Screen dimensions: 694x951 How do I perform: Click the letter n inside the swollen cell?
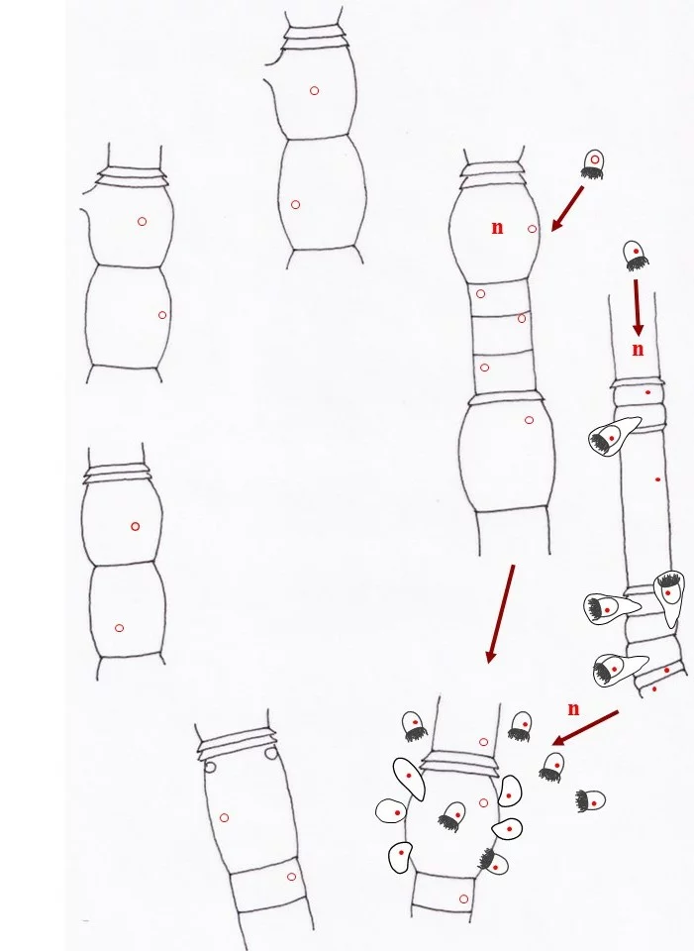pos(497,228)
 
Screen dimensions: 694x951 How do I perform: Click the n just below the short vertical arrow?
pos(638,350)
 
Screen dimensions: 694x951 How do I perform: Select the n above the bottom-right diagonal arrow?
pos(573,708)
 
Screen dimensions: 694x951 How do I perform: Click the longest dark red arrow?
pos(501,614)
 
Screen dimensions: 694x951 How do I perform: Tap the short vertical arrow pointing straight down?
pos(637,307)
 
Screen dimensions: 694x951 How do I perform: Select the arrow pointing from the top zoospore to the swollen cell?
pos(567,209)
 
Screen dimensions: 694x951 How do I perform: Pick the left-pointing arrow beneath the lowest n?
pos(585,728)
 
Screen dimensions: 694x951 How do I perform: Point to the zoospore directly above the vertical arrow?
pos(636,256)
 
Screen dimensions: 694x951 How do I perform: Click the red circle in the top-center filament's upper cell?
pos(314,91)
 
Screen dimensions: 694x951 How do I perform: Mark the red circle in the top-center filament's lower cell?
pos(295,205)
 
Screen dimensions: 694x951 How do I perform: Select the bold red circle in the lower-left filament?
pos(136,526)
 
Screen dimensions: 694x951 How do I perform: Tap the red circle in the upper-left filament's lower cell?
pos(161,315)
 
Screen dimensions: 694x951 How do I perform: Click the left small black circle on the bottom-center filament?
pos(210,767)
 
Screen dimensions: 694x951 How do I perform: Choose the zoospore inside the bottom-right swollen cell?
pos(452,816)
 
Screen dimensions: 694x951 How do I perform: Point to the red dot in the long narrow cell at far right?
pos(658,479)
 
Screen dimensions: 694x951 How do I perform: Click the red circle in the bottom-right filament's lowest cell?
pos(463,898)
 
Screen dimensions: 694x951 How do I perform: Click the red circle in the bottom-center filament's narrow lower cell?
pos(291,877)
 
